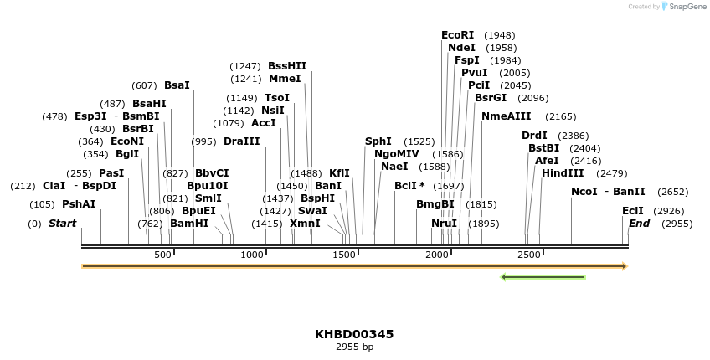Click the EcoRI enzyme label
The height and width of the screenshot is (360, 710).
click(x=457, y=35)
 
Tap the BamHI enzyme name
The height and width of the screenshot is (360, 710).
click(x=189, y=224)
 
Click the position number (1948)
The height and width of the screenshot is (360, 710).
click(x=500, y=35)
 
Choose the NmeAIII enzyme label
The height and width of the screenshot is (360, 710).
click(x=506, y=116)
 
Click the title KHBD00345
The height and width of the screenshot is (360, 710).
click(x=354, y=334)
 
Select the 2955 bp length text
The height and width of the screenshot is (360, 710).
click(x=354, y=347)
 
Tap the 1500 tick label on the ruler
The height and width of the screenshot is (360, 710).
click(x=344, y=255)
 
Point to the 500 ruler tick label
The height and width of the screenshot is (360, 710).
click(x=162, y=255)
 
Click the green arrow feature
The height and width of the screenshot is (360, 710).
click(x=543, y=277)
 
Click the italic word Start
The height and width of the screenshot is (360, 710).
click(x=62, y=224)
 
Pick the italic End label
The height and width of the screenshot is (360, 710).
click(x=639, y=224)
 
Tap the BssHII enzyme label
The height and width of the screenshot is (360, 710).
click(x=287, y=66)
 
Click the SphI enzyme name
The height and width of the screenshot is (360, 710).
click(x=378, y=141)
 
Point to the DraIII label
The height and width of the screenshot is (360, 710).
click(x=242, y=141)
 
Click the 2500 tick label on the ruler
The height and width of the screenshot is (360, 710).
click(x=528, y=255)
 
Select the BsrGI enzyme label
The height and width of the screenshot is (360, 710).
click(x=491, y=98)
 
